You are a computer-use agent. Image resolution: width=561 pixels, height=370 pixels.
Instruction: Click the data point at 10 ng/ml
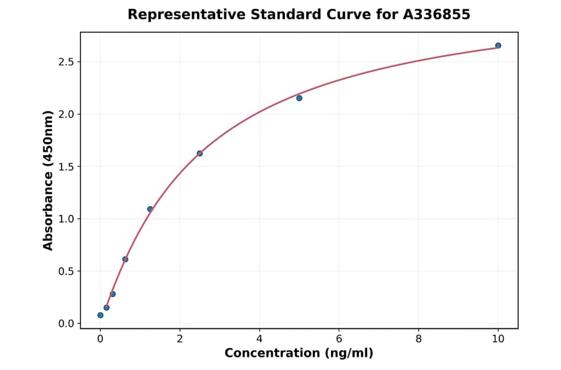[498, 45]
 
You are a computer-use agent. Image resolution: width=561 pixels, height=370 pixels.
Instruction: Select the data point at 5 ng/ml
[299, 98]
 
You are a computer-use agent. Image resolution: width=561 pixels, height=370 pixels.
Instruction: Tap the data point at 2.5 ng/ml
[199, 153]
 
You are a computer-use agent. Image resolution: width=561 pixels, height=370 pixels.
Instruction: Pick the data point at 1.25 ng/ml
[150, 209]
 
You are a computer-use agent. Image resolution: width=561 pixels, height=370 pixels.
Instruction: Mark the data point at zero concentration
[100, 315]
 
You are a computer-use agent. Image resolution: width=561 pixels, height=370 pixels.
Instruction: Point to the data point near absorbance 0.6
[125, 259]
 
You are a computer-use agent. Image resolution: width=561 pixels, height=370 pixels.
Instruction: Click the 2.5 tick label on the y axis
[66, 62]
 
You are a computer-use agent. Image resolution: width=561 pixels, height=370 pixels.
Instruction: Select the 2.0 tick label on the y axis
[66, 114]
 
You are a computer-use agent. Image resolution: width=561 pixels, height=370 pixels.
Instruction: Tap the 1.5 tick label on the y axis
[66, 166]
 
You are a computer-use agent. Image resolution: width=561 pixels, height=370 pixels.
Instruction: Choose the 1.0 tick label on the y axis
[66, 219]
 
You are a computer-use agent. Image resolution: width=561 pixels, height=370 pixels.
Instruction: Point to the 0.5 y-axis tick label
[66, 271]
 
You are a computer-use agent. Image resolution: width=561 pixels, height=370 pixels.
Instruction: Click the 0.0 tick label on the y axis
[66, 323]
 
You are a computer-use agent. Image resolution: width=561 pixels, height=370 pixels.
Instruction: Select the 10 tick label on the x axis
[498, 339]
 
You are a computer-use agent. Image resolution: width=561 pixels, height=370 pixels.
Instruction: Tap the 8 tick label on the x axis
[418, 339]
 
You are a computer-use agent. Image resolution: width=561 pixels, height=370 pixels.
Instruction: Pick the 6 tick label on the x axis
[338, 339]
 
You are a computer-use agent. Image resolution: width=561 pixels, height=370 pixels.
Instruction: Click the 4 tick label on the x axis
[259, 339]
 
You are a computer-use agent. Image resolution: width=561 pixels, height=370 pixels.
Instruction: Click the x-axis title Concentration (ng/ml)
[299, 354]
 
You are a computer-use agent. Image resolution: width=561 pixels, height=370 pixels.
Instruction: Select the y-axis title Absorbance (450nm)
[49, 180]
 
